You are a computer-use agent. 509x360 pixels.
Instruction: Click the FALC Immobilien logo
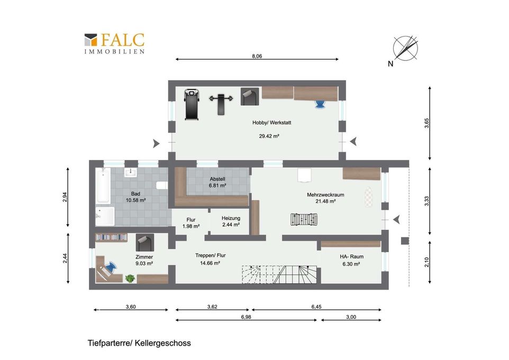(114, 43)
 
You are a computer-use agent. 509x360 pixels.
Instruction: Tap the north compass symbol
(405, 48)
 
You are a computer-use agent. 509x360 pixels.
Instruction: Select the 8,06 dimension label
(257, 56)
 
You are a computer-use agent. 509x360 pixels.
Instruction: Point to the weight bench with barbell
(221, 104)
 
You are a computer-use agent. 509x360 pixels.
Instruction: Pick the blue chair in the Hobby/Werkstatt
(320, 104)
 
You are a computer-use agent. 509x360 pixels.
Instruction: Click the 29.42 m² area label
(269, 136)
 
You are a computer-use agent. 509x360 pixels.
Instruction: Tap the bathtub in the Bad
(103, 186)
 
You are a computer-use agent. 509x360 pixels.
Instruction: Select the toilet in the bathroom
(162, 185)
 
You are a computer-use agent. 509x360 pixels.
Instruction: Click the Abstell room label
(217, 179)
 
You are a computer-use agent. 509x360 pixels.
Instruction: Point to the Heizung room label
(231, 218)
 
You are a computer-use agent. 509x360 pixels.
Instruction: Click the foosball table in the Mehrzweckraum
(304, 219)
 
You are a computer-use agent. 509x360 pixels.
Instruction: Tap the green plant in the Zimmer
(130, 278)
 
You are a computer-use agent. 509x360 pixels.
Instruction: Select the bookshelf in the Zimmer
(111, 238)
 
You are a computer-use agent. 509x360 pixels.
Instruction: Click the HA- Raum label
(351, 256)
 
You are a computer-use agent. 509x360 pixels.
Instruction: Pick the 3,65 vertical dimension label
(426, 123)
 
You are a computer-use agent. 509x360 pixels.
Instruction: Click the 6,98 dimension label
(246, 317)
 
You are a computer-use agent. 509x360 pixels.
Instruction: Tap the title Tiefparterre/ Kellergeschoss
(139, 343)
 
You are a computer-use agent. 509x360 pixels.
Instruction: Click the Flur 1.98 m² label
(191, 223)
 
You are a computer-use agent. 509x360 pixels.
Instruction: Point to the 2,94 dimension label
(65, 197)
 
